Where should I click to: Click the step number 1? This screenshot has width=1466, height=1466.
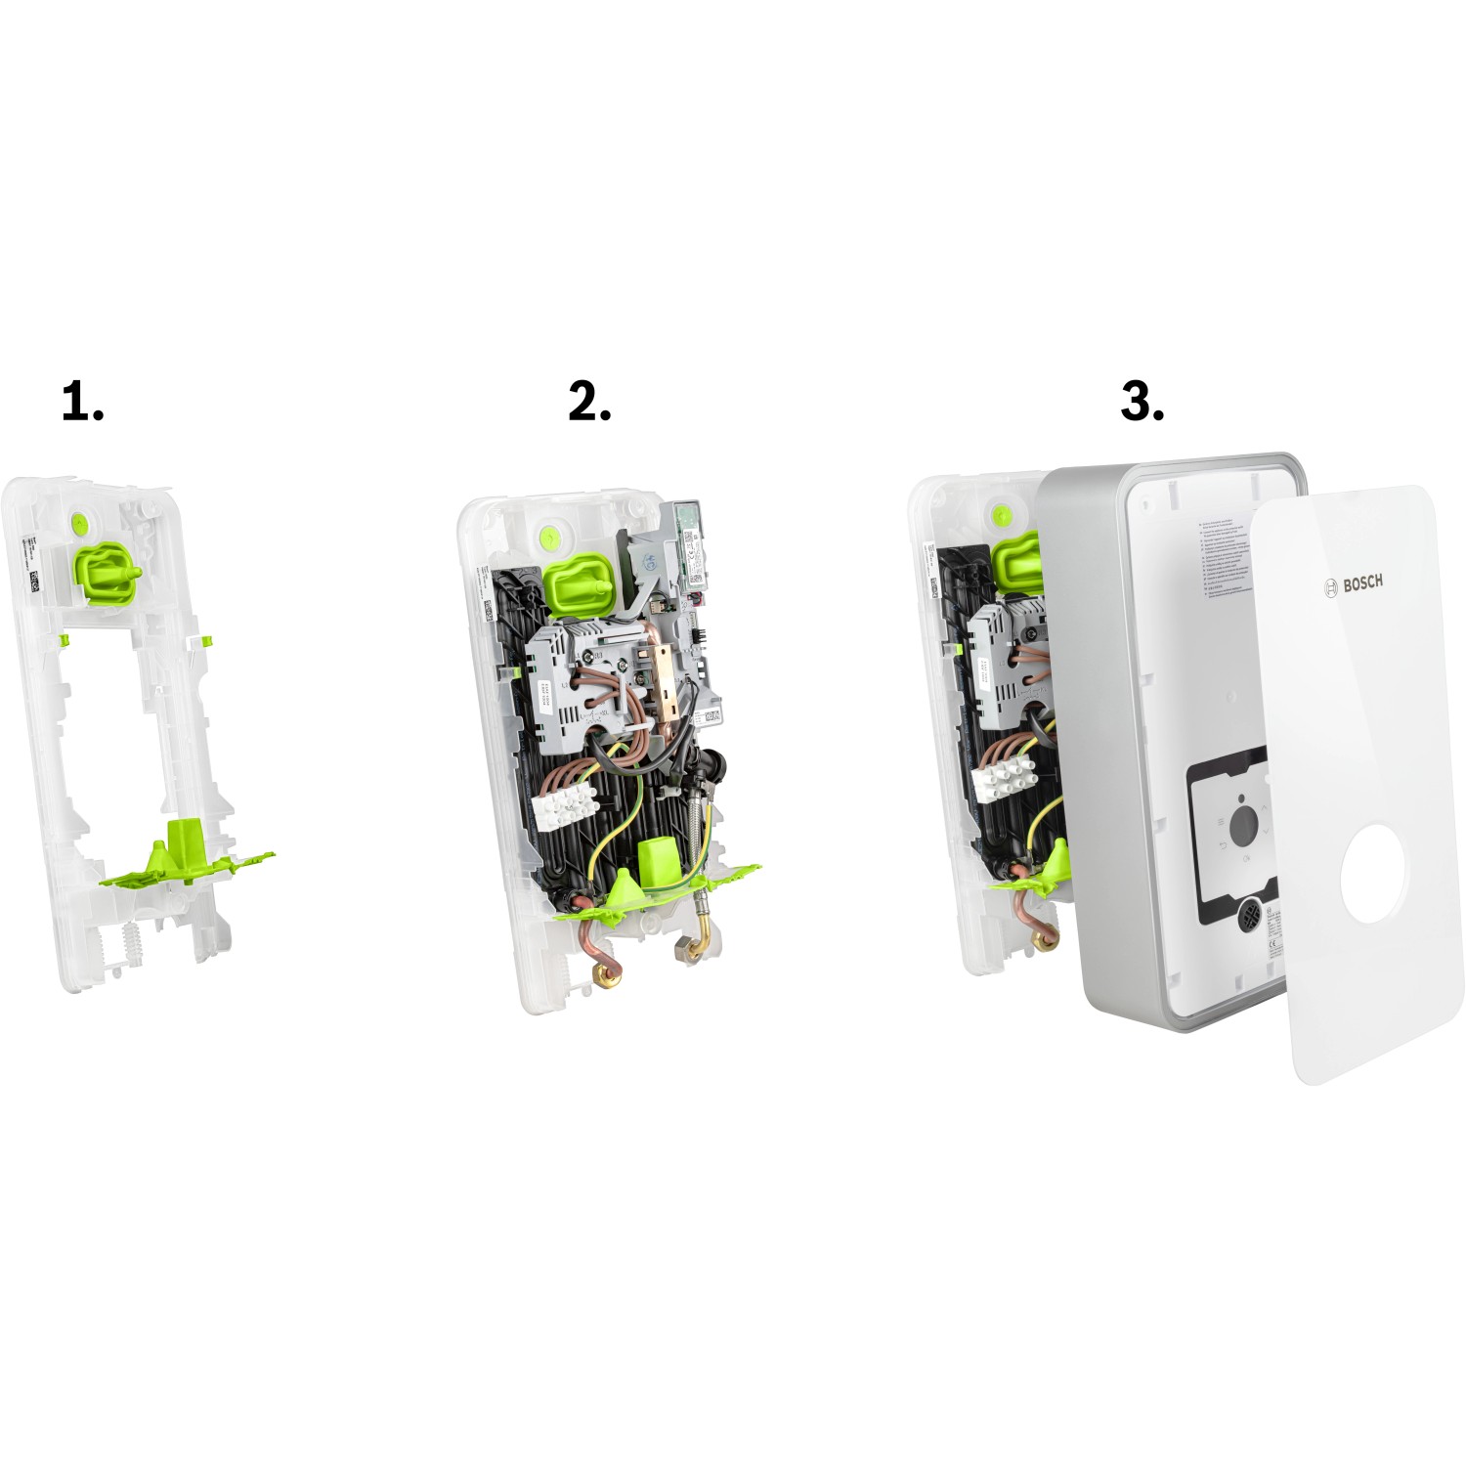coord(82,402)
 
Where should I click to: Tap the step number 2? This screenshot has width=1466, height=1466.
coord(589,402)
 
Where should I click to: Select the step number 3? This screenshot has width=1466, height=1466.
coord(1142,402)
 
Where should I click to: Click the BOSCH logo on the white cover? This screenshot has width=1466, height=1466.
coord(1355,584)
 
